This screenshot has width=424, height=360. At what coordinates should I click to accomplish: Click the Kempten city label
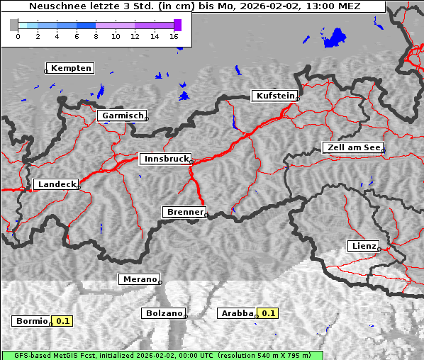pos(70,68)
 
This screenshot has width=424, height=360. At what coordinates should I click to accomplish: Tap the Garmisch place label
pos(122,116)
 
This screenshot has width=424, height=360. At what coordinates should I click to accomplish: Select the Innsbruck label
pos(164,159)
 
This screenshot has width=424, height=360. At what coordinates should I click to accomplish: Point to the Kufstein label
pos(274,96)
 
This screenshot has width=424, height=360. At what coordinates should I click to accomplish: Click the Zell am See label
pos(352,147)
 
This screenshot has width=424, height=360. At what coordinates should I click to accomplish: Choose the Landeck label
pos(55,184)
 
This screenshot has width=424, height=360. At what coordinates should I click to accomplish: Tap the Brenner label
pos(184,212)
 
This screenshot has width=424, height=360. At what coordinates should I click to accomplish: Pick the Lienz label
pos(362,246)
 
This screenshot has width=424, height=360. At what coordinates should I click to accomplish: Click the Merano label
pos(138,279)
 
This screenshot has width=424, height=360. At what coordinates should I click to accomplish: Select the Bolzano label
pos(163,313)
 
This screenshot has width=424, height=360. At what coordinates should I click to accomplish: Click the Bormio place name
pos(31,321)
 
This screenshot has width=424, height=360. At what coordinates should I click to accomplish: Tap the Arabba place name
pos(236,313)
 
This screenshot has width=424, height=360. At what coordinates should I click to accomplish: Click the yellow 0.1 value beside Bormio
pos(63,321)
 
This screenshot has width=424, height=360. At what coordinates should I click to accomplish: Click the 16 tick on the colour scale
pos(174,36)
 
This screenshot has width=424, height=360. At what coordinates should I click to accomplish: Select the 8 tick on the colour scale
pos(96,36)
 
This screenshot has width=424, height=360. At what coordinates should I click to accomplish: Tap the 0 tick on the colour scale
pos(18,36)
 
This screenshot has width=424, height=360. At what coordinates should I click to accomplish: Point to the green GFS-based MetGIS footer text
pos(162,355)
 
